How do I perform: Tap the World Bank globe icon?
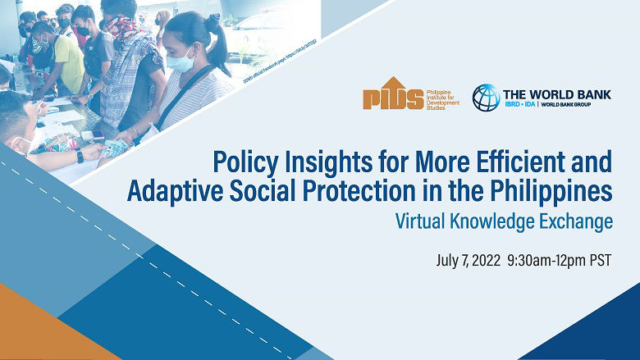[x=485, y=98]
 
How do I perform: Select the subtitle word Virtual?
[x=422, y=221]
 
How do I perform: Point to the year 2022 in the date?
[x=482, y=261]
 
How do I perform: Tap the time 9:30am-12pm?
[x=545, y=261]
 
